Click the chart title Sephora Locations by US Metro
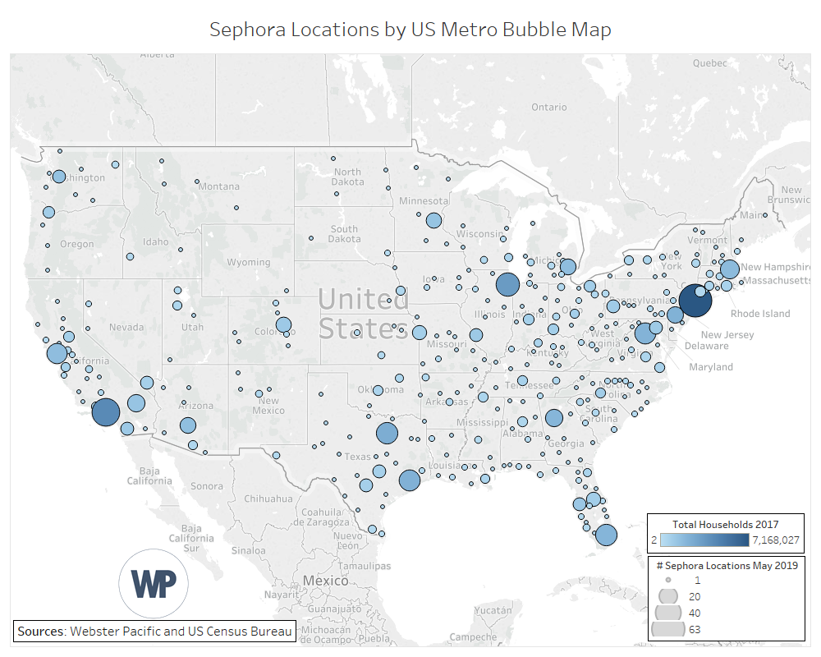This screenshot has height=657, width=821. pyautogui.click(x=410, y=30)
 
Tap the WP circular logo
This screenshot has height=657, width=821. pyautogui.click(x=154, y=582)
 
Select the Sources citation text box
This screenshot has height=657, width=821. pyautogui.click(x=154, y=631)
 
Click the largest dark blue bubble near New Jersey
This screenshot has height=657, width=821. pyautogui.click(x=695, y=301)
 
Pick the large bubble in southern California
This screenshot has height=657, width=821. pyautogui.click(x=106, y=411)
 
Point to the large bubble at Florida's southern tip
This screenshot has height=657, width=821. pyautogui.click(x=606, y=535)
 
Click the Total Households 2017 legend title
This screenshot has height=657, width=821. pyautogui.click(x=725, y=524)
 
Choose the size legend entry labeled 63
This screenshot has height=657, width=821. pyautogui.click(x=668, y=629)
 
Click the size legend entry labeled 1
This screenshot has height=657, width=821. pyautogui.click(x=668, y=579)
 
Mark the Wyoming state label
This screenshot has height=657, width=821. pyautogui.click(x=248, y=262)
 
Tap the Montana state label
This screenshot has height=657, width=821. pyautogui.click(x=218, y=186)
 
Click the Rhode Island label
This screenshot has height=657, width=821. pyautogui.click(x=759, y=313)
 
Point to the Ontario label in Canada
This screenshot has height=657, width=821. pyautogui.click(x=548, y=107)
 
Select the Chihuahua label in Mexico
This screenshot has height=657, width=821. pyautogui.click(x=268, y=498)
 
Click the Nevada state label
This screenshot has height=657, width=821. pyautogui.click(x=126, y=327)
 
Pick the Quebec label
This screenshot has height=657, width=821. pyautogui.click(x=710, y=62)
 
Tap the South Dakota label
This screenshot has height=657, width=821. pyautogui.click(x=345, y=234)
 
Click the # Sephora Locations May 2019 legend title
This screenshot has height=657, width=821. pyautogui.click(x=725, y=565)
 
